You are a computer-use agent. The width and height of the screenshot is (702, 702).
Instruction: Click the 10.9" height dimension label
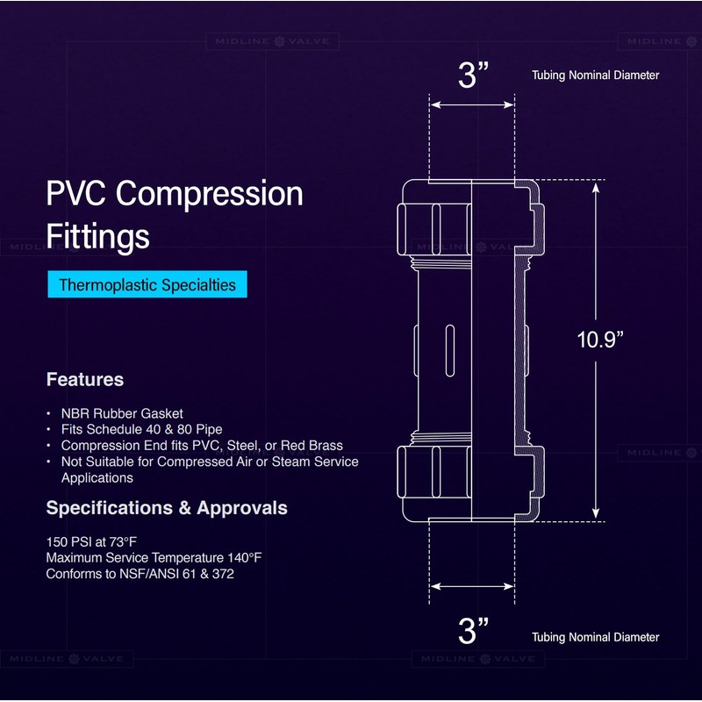pos(600,340)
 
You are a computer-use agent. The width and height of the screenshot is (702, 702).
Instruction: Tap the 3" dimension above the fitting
pos(473,75)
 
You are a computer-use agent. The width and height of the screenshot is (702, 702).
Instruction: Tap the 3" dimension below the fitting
pos(473,630)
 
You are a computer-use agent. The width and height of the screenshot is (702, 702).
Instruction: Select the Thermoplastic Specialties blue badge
pos(147,285)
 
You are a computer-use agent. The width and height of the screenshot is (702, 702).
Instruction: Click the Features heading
pos(84,380)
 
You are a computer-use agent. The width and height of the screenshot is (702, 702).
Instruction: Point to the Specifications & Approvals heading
pos(166,508)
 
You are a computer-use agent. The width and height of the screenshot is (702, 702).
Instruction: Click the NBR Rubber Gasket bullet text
pos(122,413)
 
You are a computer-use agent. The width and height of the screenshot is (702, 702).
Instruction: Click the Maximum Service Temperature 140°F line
pos(154,558)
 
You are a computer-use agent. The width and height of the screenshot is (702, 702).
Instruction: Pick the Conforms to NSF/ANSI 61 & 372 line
pos(140,574)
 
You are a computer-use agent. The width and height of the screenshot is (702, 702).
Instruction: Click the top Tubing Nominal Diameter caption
pos(595,75)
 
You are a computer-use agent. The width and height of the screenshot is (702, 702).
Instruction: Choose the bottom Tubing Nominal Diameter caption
pos(595,637)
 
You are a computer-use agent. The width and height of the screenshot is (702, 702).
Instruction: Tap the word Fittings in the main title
pos(97,236)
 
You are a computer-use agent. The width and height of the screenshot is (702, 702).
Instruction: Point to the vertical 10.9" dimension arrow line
pos(597,263)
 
